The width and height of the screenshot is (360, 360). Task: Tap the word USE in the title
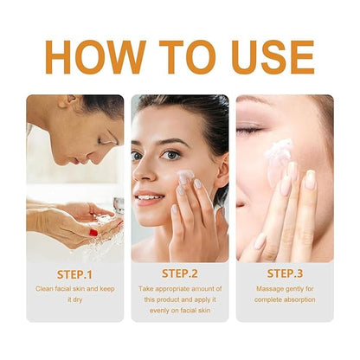click(x=273, y=57)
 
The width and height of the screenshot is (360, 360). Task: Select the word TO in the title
click(x=188, y=57)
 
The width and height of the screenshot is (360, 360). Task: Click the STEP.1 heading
click(x=74, y=274)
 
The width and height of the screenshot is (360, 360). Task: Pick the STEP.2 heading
click(x=180, y=273)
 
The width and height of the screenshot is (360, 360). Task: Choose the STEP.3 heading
click(x=285, y=273)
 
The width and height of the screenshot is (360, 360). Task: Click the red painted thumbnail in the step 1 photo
click(x=93, y=232)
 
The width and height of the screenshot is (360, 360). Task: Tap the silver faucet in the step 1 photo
click(x=119, y=205)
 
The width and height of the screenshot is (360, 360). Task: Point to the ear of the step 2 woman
click(x=222, y=170)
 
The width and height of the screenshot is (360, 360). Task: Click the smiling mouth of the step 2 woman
click(x=149, y=198)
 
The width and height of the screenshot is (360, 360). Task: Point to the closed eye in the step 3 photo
click(x=249, y=130)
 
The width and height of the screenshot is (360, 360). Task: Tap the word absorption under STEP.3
click(x=299, y=299)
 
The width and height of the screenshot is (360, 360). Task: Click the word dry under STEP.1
click(x=78, y=300)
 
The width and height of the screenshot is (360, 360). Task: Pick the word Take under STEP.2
click(x=145, y=289)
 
